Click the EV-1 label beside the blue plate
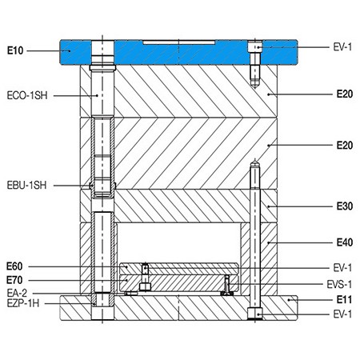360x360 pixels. [342, 47]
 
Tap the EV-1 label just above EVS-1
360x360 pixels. [342, 266]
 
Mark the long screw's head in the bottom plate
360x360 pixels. [254, 312]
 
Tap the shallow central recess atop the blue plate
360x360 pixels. [178, 39]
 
